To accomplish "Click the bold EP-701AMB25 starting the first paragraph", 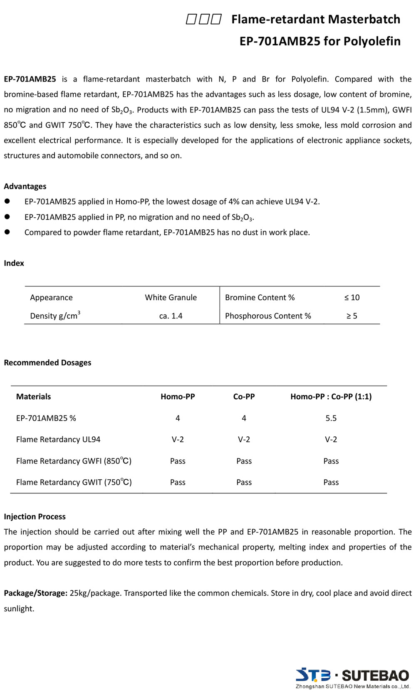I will pyautogui.click(x=30, y=79).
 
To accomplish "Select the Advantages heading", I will pyautogui.click(x=25, y=186).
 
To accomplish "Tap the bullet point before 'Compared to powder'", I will pyautogui.click(x=7, y=232).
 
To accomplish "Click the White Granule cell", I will pyautogui.click(x=171, y=297).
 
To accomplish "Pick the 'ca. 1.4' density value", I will pyautogui.click(x=171, y=316).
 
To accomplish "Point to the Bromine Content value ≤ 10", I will pyautogui.click(x=352, y=297).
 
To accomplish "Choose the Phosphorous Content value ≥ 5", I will pyautogui.click(x=352, y=316).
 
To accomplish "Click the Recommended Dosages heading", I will pyautogui.click(x=47, y=362).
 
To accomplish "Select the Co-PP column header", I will pyautogui.click(x=244, y=396).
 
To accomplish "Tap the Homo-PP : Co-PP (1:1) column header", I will pyautogui.click(x=331, y=396).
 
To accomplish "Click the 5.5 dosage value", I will pyautogui.click(x=331, y=418).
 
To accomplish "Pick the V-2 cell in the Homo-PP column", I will pyautogui.click(x=178, y=439).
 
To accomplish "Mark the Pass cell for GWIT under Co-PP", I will pyautogui.click(x=244, y=482).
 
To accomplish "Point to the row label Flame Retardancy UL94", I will pyautogui.click(x=58, y=439).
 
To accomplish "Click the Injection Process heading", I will pyautogui.click(x=35, y=516).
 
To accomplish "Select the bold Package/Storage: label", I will pyautogui.click(x=35, y=593).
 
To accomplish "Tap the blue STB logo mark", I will pyautogui.click(x=313, y=675).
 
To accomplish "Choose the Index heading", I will pyautogui.click(x=14, y=263).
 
